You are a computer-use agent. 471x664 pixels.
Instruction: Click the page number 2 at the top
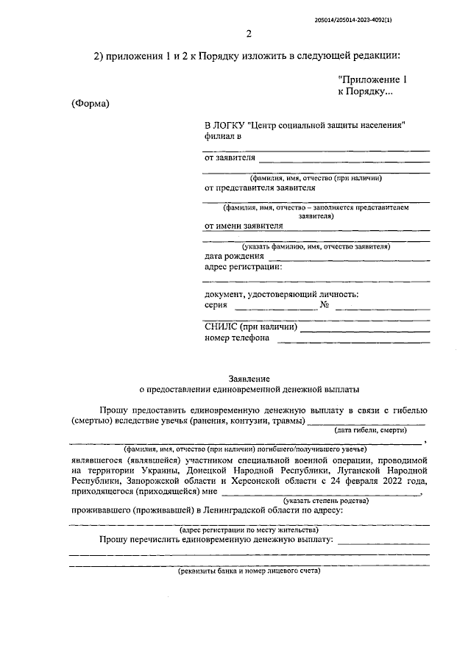pyautogui.click(x=249, y=34)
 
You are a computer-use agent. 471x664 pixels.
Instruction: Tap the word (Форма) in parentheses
pyautogui.click(x=90, y=104)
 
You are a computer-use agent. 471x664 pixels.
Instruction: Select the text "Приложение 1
pyautogui.click(x=372, y=78)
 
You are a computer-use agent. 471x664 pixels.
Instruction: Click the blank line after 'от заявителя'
pyautogui.click(x=344, y=158)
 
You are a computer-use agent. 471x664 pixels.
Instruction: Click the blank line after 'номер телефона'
pyautogui.click(x=353, y=339)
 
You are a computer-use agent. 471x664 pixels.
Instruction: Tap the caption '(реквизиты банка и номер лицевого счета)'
pyautogui.click(x=249, y=570)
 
